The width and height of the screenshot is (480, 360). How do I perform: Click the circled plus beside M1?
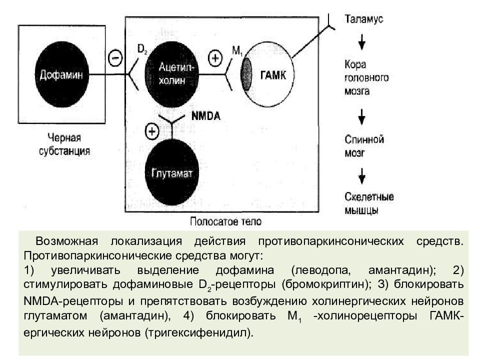(x=214, y=58)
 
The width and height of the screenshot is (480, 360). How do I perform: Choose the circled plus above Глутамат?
(x=151, y=131)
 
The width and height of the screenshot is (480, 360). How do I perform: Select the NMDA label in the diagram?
(x=206, y=116)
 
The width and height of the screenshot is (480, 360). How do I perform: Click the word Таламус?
(x=364, y=19)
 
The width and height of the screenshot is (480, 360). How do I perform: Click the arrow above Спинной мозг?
(x=362, y=116)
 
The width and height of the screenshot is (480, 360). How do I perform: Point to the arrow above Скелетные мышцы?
(x=362, y=174)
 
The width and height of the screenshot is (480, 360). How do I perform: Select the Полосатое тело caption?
(x=225, y=220)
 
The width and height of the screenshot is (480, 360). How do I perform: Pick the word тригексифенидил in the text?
(x=198, y=332)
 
